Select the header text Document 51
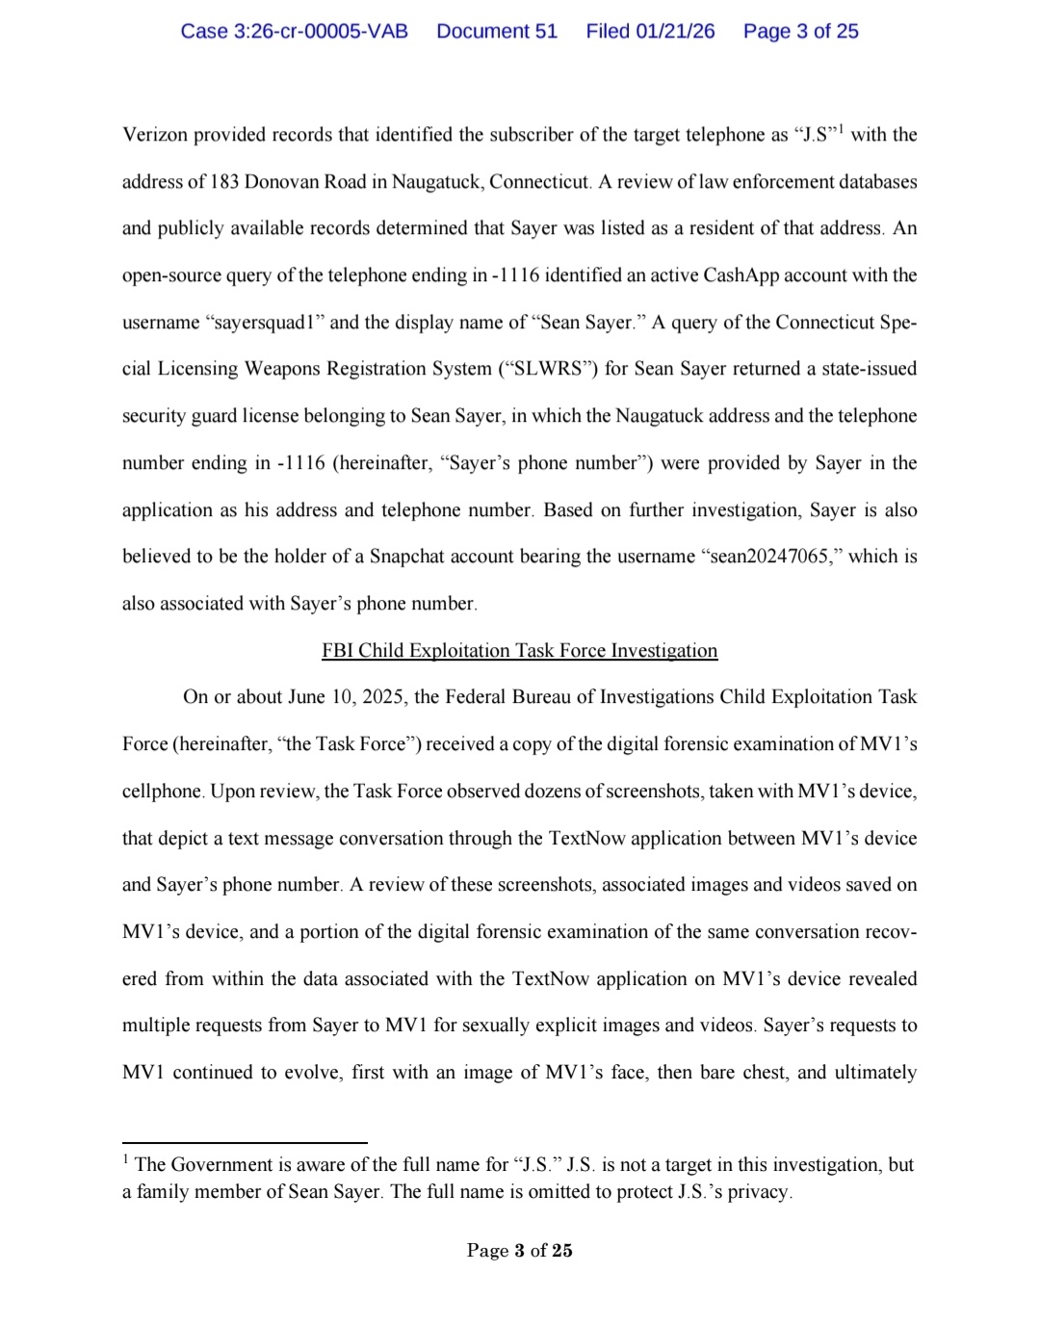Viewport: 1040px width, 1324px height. pyautogui.click(x=497, y=32)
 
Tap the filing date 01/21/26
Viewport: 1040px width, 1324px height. pyautogui.click(x=675, y=32)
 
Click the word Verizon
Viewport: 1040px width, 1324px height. pyautogui.click(x=154, y=135)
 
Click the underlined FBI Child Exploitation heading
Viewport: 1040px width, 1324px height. pyautogui.click(x=519, y=651)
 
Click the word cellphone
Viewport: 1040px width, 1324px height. pyautogui.click(x=162, y=792)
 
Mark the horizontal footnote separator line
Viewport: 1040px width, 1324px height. pyautogui.click(x=245, y=1143)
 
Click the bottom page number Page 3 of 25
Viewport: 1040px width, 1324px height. pyautogui.click(x=519, y=1251)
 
